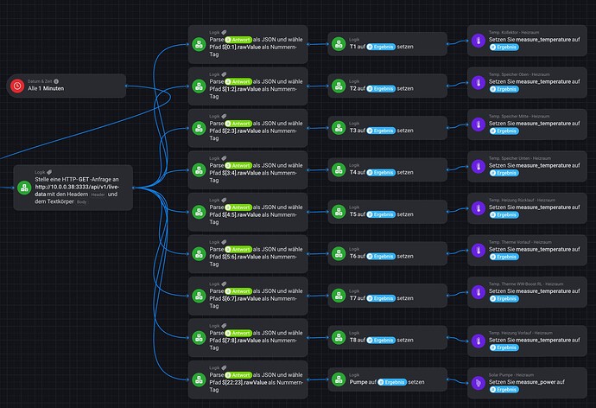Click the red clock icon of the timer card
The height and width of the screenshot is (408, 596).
[x=16, y=85]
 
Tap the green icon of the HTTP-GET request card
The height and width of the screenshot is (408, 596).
[x=23, y=187]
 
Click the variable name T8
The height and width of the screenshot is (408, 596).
[x=354, y=340]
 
